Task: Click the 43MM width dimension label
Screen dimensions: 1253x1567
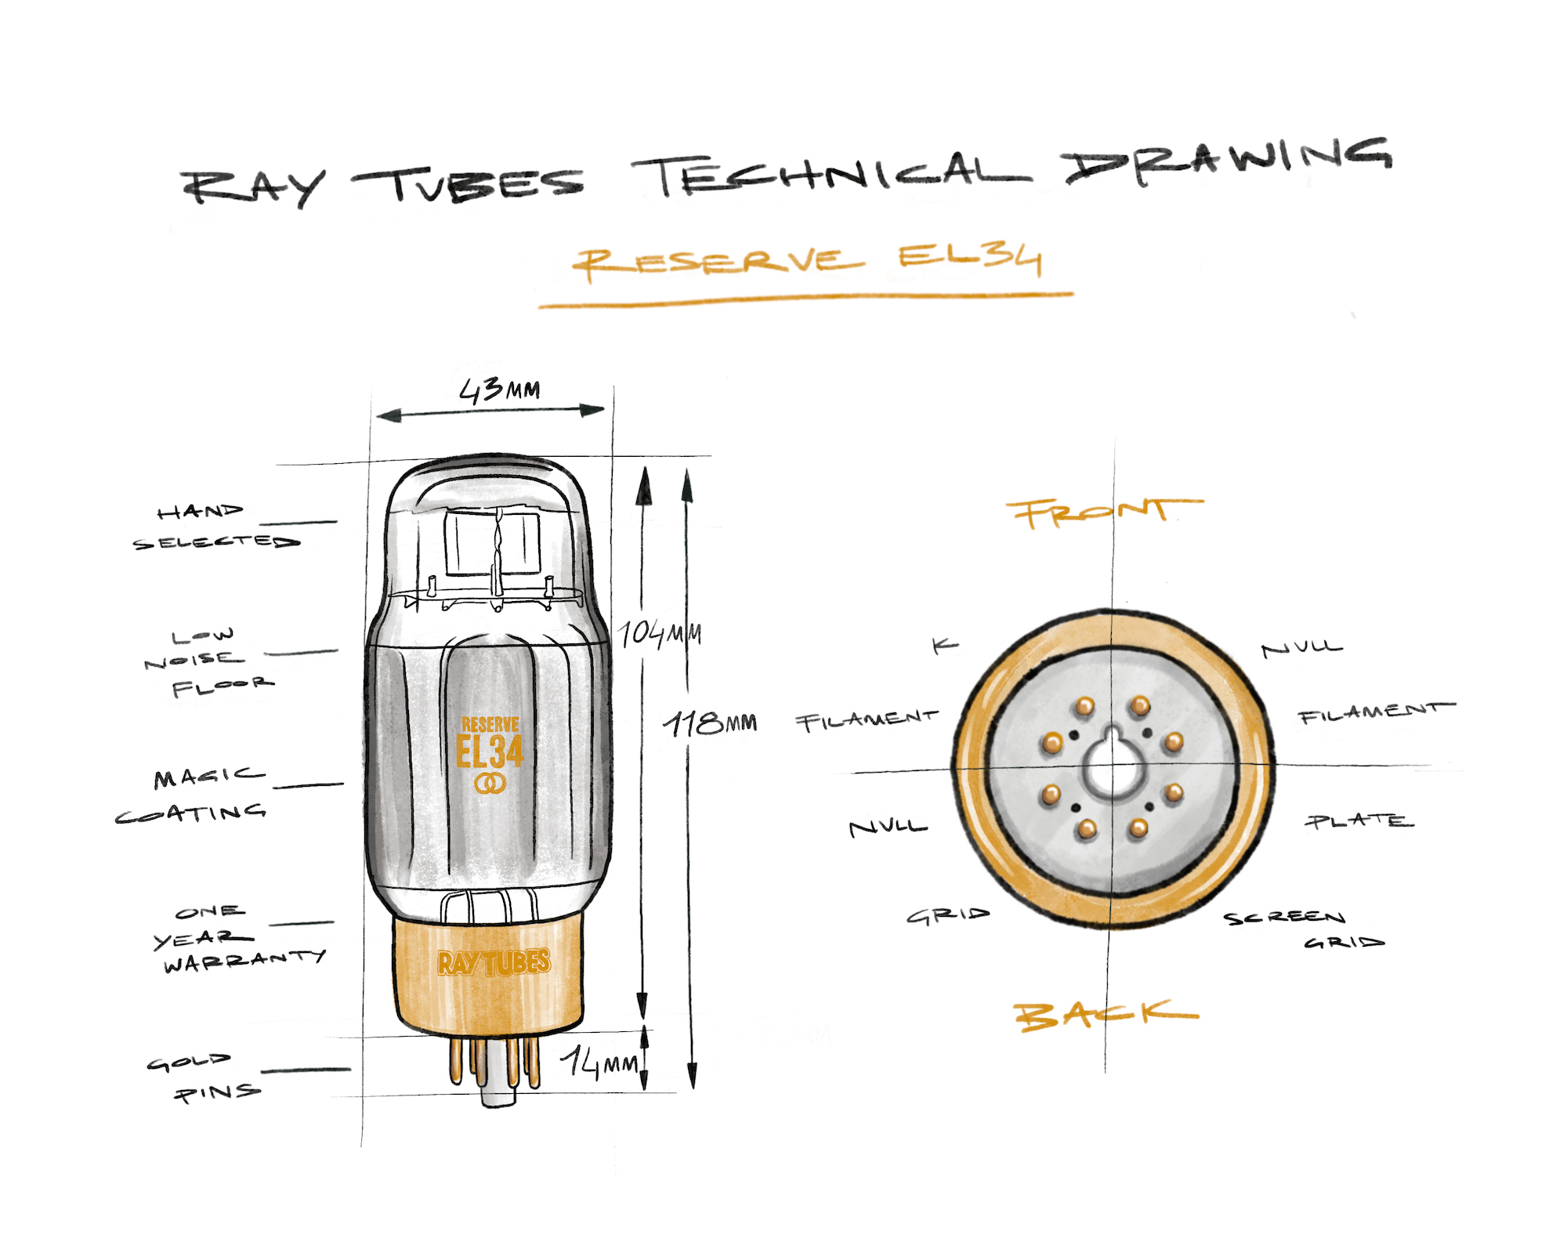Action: [499, 389]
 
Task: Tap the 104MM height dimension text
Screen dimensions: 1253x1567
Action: [660, 633]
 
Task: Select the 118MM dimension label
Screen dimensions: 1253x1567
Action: [710, 723]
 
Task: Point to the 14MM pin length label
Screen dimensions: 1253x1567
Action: [599, 1063]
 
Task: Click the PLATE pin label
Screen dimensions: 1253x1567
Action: [1359, 821]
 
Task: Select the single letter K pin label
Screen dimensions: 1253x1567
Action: [945, 646]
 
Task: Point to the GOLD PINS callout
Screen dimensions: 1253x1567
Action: [202, 1078]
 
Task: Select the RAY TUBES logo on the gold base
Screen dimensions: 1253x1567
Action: [494, 962]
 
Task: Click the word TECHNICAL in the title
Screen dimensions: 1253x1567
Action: [831, 176]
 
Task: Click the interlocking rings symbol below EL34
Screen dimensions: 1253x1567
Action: [490, 783]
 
